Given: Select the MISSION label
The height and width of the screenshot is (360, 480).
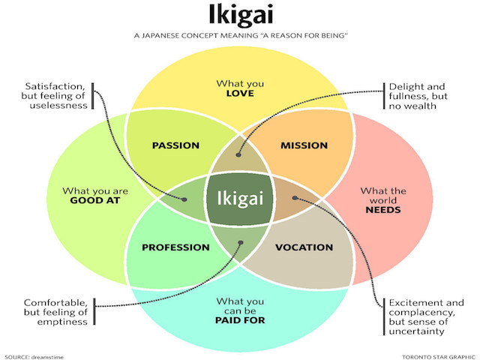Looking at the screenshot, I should pos(304,144).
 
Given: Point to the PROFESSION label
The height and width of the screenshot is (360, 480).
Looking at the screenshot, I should pos(175,247).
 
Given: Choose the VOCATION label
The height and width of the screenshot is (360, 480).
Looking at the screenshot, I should pos(304,247).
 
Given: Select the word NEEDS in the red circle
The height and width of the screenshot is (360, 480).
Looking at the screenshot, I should pos(383,210).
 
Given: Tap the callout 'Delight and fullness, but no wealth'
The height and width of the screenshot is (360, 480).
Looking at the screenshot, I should pos(417,96).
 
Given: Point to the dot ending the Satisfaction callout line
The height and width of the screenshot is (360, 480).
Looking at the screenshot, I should pos(184,199).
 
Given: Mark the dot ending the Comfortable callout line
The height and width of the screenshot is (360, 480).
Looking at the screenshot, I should pos(240,243).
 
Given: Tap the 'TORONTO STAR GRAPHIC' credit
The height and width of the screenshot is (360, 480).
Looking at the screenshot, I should pos(434,355).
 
